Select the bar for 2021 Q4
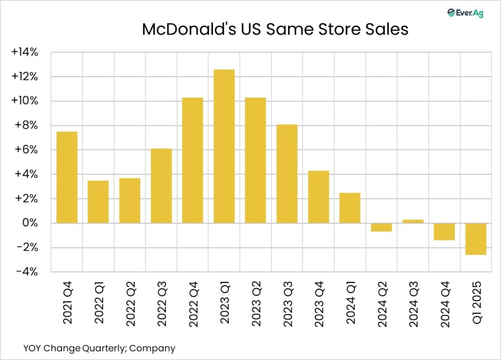coord(66,177)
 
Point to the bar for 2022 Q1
coord(98,202)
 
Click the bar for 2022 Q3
coord(161,185)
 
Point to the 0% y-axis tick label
coord(29,224)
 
